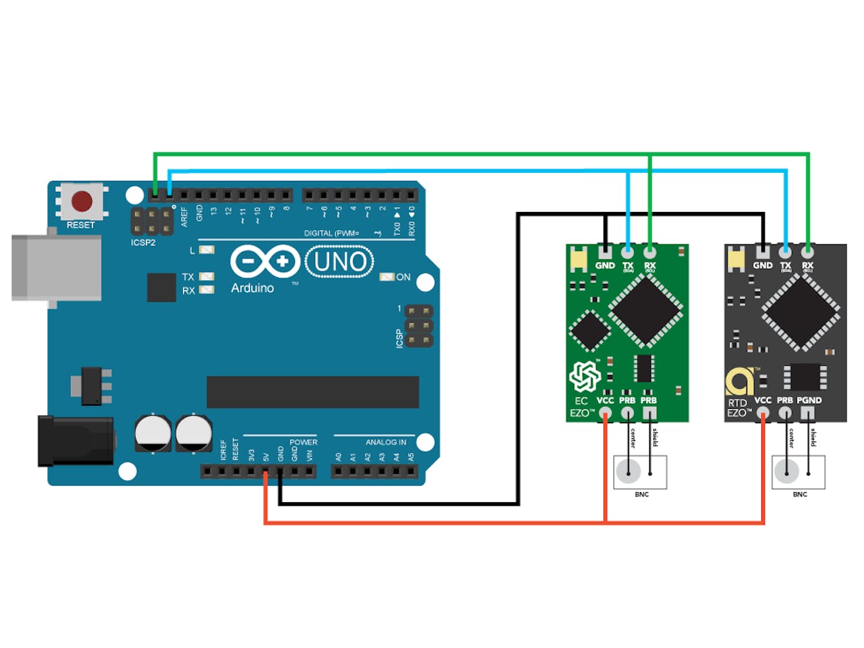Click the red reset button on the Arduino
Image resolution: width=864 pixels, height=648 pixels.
(x=82, y=201)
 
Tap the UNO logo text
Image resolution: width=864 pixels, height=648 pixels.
(x=340, y=262)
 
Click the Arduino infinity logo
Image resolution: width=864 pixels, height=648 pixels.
(x=265, y=261)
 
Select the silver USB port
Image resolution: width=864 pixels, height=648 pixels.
(x=57, y=267)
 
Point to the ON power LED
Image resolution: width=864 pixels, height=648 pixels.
(x=387, y=277)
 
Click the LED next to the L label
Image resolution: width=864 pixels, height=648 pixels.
(x=207, y=250)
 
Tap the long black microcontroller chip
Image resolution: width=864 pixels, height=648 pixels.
(x=313, y=392)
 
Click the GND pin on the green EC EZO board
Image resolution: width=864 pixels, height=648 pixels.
(x=605, y=252)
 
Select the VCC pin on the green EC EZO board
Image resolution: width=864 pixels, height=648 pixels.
(x=605, y=412)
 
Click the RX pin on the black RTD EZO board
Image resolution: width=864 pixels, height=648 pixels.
(x=808, y=252)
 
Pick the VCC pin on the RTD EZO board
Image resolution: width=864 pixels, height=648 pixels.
(x=763, y=412)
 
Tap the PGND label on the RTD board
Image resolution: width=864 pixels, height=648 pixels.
(x=809, y=400)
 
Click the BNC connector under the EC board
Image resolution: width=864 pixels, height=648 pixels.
(x=640, y=472)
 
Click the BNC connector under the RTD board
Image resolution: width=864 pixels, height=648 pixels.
(x=798, y=472)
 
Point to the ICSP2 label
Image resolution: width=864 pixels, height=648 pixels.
(x=143, y=242)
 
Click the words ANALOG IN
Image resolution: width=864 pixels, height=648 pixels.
(x=386, y=442)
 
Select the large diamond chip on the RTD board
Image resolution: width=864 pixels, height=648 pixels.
(x=801, y=313)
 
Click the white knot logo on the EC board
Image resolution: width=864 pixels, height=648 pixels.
(x=585, y=376)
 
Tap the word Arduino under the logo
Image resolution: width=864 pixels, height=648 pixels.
(x=252, y=288)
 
